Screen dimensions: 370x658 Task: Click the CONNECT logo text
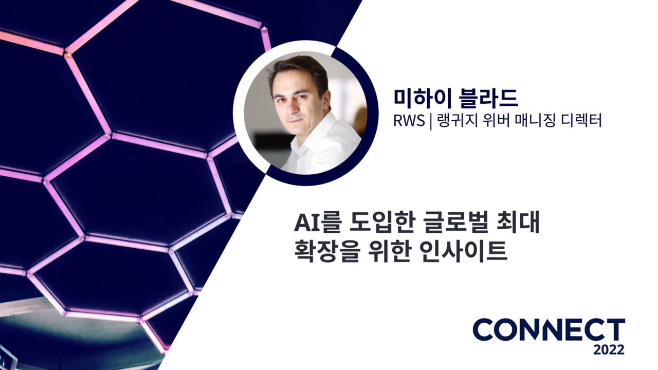(549, 330)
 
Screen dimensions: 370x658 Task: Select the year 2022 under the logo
(609, 350)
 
